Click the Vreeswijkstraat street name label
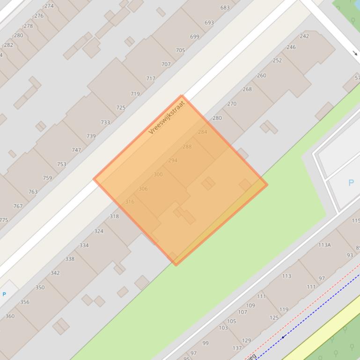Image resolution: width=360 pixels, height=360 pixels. tap(167, 117)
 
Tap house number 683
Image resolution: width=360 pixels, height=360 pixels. tap(225, 7)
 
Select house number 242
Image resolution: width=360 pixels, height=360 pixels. tap(304, 36)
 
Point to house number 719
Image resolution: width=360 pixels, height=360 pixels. tap(135, 94)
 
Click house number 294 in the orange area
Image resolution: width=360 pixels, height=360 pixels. tap(173, 160)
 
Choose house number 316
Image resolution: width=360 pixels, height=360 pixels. tap(130, 202)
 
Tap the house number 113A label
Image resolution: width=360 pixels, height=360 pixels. tap(324, 245)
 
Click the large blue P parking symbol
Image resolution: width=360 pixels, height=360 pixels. tap(351, 183)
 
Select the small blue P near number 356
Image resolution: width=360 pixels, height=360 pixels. tap(4, 294)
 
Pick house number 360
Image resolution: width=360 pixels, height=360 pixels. tap(9, 316)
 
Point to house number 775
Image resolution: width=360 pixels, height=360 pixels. tap(3, 220)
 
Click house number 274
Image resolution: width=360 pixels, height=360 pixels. tap(49, 6)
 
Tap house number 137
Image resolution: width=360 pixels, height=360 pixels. tap(237, 348)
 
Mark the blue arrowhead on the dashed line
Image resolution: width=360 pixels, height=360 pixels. tap(283, 337)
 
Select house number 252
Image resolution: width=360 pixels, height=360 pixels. tap(277, 60)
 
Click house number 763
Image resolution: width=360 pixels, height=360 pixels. tap(32, 192)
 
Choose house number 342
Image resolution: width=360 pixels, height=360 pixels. tap(55, 273)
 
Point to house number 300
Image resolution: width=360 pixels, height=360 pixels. tap(158, 174)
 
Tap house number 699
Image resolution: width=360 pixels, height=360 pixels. tap(194, 36)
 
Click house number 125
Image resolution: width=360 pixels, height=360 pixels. tap(274, 318)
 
